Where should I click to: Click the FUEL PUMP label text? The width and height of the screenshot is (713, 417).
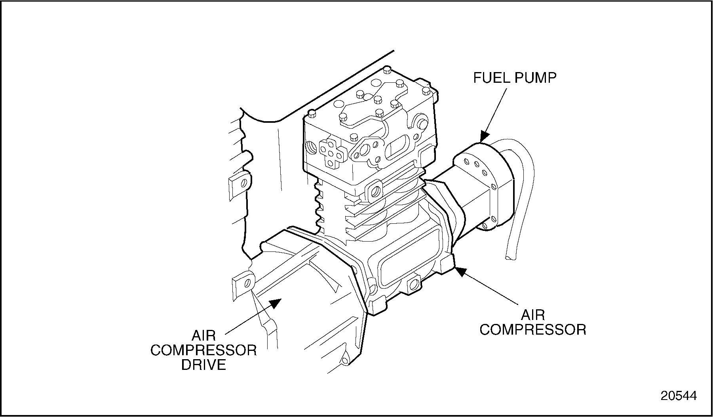pos(515,78)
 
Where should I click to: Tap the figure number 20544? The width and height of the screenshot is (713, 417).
pos(679,396)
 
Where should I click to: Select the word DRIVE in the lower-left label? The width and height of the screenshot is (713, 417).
pos(203,365)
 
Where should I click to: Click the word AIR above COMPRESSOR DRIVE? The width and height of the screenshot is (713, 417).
pos(203,336)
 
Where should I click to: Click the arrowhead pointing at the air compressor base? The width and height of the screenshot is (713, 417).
pos(460,271)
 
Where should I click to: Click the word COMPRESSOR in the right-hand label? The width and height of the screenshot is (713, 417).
pos(533,329)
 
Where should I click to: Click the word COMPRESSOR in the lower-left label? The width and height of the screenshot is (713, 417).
pos(203,350)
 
